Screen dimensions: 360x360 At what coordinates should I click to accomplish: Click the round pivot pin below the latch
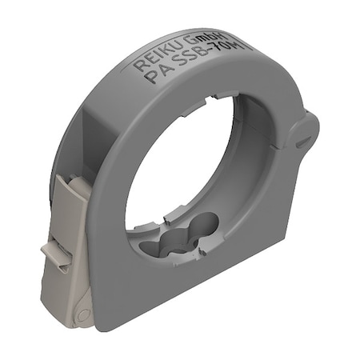82,314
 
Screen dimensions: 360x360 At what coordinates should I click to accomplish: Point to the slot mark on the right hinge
305,140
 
